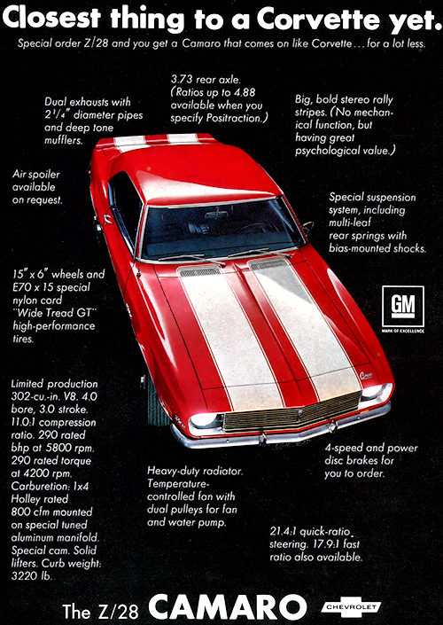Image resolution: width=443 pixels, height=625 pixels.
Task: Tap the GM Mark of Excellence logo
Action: [403, 309]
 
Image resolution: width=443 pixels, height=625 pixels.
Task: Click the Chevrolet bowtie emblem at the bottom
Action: [351, 607]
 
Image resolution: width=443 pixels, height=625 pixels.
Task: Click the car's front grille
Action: [291, 412]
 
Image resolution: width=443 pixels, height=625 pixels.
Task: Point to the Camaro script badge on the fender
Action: [366, 375]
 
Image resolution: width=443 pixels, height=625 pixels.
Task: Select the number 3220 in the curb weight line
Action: [24, 575]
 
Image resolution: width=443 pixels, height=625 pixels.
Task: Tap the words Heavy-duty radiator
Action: [195, 472]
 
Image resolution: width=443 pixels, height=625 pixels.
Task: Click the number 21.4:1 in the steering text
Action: [284, 531]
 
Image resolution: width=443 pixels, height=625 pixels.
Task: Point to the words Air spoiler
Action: [35, 175]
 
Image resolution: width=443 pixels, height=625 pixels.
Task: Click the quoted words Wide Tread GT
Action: [53, 312]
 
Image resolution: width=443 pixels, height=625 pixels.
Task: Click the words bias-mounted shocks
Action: [377, 248]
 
